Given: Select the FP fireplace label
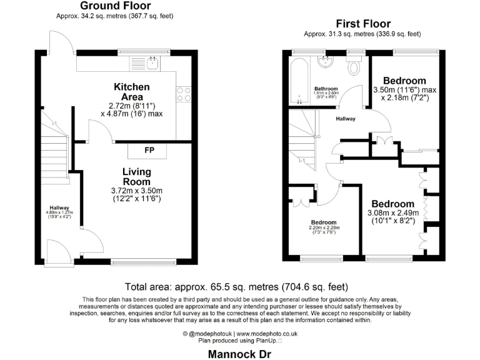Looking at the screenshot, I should [x=149, y=151].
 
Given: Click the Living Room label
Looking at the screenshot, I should [x=136, y=176].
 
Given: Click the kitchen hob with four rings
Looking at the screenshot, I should [x=184, y=94].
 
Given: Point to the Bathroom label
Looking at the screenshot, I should [x=326, y=89].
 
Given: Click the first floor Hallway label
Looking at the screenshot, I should [x=345, y=119].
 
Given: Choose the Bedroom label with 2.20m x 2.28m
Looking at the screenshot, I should [x=324, y=222].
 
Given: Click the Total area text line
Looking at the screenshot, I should [x=237, y=287].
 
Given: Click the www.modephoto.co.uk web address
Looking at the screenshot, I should [x=267, y=334].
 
